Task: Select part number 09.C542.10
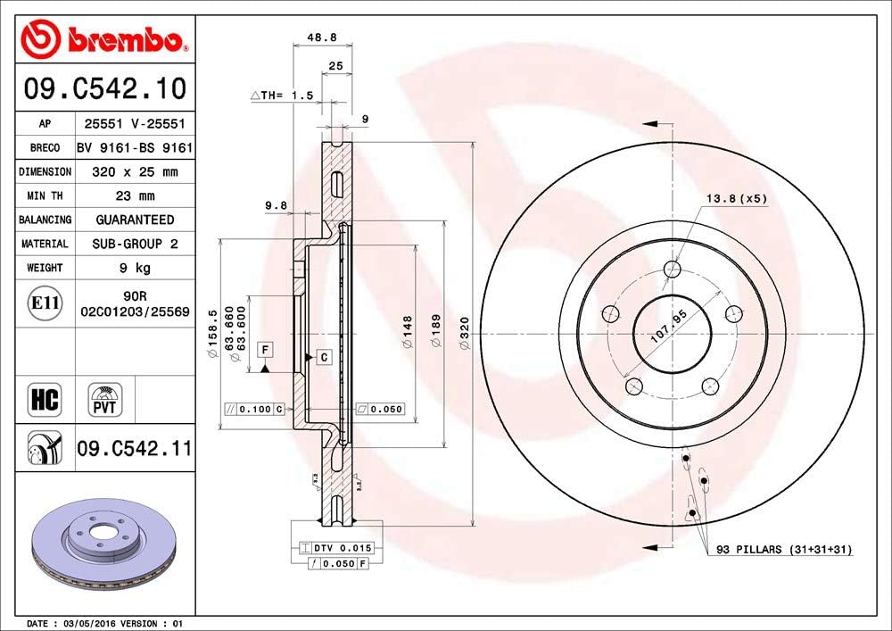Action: click(x=104, y=89)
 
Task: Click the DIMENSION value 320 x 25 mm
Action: click(x=135, y=171)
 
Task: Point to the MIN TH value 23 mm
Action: click(x=135, y=195)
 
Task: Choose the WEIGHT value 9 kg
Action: click(x=135, y=267)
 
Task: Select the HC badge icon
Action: click(x=45, y=399)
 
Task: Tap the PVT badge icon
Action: click(x=105, y=399)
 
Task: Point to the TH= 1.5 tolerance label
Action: click(x=281, y=95)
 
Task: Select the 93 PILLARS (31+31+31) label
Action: click(x=782, y=550)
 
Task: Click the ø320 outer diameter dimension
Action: click(x=464, y=335)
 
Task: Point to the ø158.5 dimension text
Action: click(x=211, y=335)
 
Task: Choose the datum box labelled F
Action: click(x=265, y=347)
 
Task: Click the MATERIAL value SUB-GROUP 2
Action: click(x=135, y=243)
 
